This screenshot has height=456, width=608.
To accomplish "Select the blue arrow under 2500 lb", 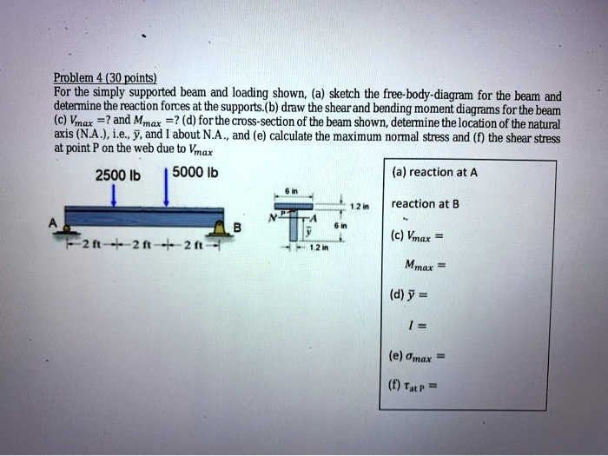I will tap(116, 195).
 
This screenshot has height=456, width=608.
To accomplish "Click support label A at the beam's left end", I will tap(53, 222).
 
